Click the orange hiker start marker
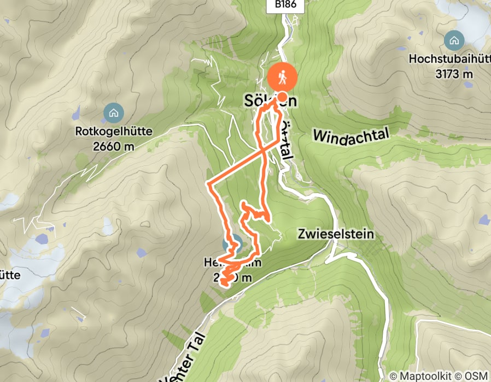pyautogui.click(x=283, y=77)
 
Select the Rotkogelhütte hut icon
pyautogui.click(x=113, y=113)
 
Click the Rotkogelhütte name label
pyautogui.click(x=114, y=132)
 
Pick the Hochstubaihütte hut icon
pyautogui.click(x=453, y=40)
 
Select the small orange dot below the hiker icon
pyautogui.click(x=283, y=95)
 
